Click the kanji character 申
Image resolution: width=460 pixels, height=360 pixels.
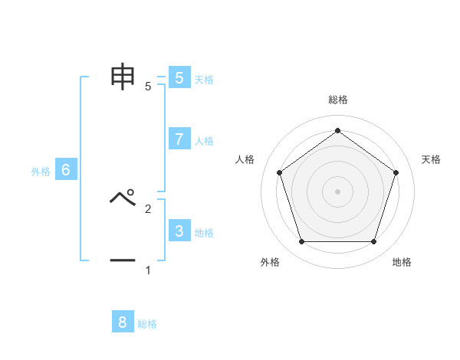click(x=123, y=77)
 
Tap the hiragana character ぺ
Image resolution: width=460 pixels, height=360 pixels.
click(x=123, y=198)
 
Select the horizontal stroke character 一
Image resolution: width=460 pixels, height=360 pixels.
click(x=123, y=260)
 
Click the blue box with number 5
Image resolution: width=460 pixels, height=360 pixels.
click(x=179, y=77)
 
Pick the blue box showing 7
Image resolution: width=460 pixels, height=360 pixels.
click(x=179, y=139)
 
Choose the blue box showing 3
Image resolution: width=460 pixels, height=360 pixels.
click(x=179, y=231)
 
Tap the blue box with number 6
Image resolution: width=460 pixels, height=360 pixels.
click(x=66, y=170)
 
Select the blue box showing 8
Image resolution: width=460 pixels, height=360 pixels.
click(x=123, y=322)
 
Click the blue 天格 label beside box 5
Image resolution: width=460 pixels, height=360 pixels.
click(x=204, y=80)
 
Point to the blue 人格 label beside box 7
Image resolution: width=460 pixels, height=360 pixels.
click(x=204, y=141)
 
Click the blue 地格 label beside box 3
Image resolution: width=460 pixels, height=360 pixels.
click(x=204, y=233)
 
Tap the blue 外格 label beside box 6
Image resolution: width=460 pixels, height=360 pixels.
click(x=41, y=172)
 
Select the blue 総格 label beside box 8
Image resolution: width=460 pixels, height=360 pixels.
click(x=147, y=325)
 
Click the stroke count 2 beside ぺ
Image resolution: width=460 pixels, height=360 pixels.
click(x=148, y=208)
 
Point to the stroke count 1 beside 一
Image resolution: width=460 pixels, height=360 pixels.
click(x=148, y=270)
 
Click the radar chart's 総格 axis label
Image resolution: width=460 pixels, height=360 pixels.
click(x=338, y=100)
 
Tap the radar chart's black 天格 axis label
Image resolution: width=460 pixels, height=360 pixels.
click(x=432, y=159)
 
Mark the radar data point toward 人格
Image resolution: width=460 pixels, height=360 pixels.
click(x=280, y=172)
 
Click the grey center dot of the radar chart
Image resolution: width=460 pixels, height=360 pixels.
click(x=338, y=191)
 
